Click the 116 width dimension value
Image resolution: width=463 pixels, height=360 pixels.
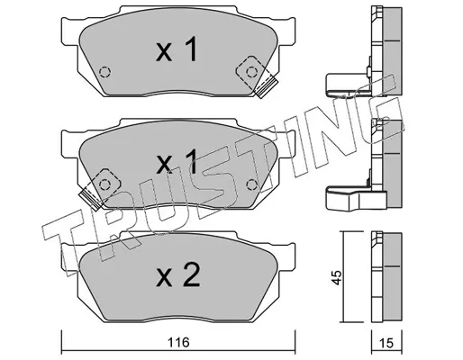coord(178,342)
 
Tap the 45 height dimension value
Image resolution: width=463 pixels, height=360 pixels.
coord(337,277)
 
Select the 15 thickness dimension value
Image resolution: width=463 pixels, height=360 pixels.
coord(386,343)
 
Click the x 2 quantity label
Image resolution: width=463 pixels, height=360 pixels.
coord(178,274)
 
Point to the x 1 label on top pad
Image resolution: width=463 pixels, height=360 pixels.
coord(177,49)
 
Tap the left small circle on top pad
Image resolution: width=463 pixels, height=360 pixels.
coord(104,72)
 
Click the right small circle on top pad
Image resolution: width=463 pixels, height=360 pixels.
coord(251,72)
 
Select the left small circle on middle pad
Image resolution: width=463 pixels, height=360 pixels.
coord(104,184)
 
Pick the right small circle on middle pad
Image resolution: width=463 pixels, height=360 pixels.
coord(251,184)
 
